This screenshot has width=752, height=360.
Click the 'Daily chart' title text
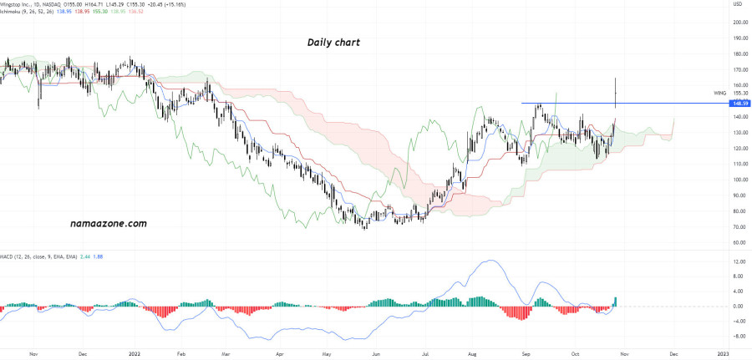333,42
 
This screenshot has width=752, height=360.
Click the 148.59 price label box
738,104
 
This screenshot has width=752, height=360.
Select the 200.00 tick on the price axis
739,23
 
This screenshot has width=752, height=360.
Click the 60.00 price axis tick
739,242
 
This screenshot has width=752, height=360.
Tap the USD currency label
737,5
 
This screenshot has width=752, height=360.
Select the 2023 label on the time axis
723,353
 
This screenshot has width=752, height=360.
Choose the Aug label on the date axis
473,353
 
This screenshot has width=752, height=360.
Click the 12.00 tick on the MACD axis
739,261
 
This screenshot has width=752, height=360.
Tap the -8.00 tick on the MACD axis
739,337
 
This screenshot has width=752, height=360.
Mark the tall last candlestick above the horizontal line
616,92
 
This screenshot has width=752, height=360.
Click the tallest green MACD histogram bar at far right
616,302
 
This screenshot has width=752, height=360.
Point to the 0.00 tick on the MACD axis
739,307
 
